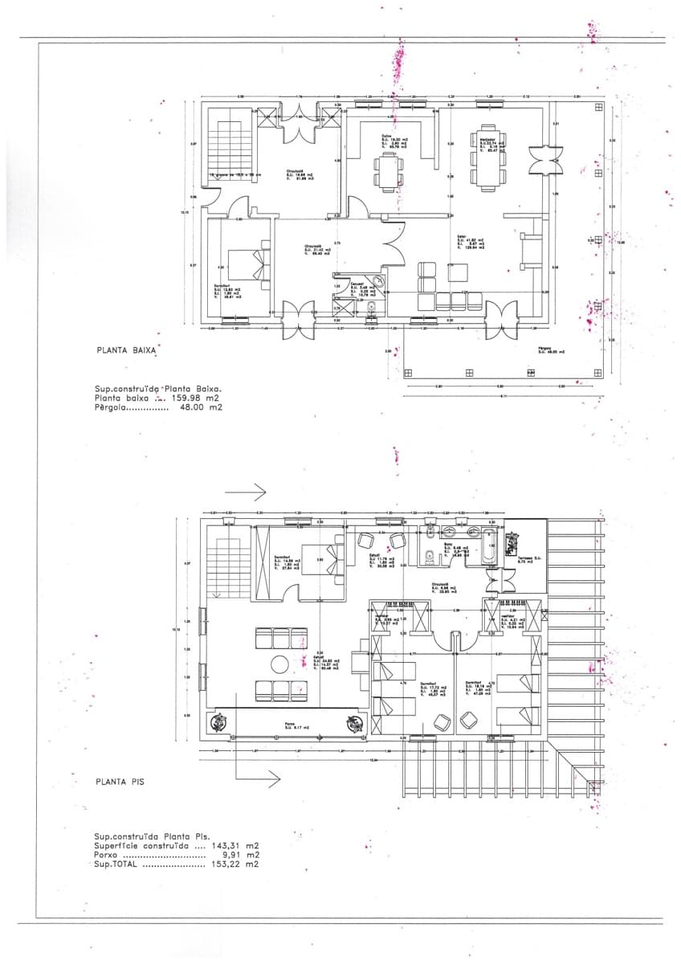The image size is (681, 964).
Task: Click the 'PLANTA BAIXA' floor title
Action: click(x=125, y=350)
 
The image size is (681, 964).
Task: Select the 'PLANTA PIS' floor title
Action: click(x=120, y=780)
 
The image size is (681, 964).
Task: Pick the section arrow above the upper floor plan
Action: click(x=248, y=489)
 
